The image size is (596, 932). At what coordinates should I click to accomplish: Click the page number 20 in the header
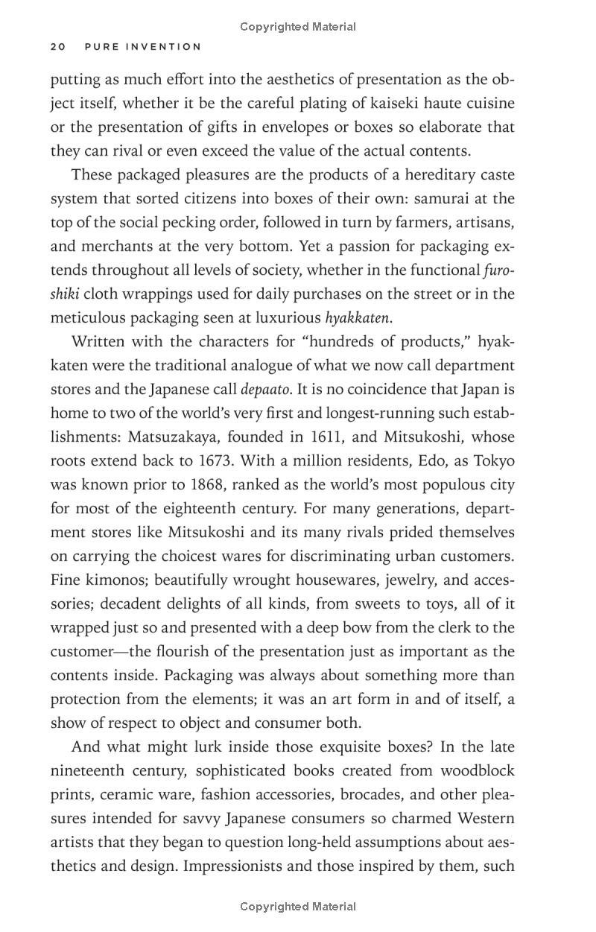58,47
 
